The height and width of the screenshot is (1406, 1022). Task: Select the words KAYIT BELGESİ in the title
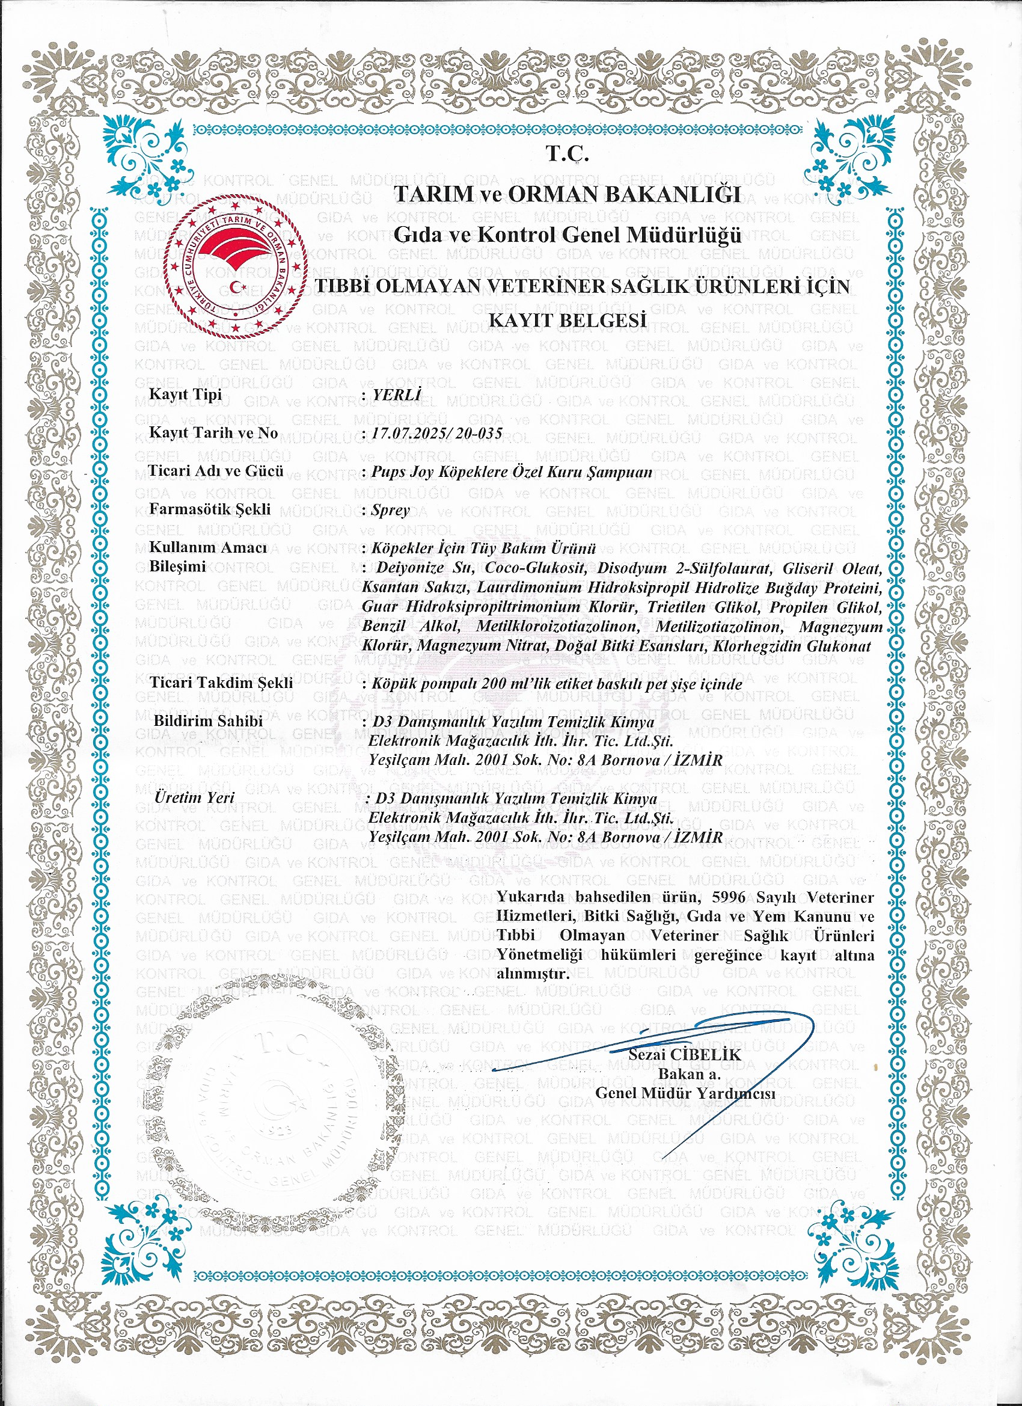tap(568, 320)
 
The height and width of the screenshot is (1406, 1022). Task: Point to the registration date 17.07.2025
tap(409, 433)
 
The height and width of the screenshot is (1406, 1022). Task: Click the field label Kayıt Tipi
tap(185, 394)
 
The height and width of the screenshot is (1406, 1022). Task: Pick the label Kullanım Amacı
tap(208, 548)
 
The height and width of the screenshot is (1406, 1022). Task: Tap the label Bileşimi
tap(178, 566)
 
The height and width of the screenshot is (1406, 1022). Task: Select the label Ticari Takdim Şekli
tap(221, 683)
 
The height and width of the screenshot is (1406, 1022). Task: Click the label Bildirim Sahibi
tap(208, 721)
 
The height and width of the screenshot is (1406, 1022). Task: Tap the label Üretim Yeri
tap(195, 797)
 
